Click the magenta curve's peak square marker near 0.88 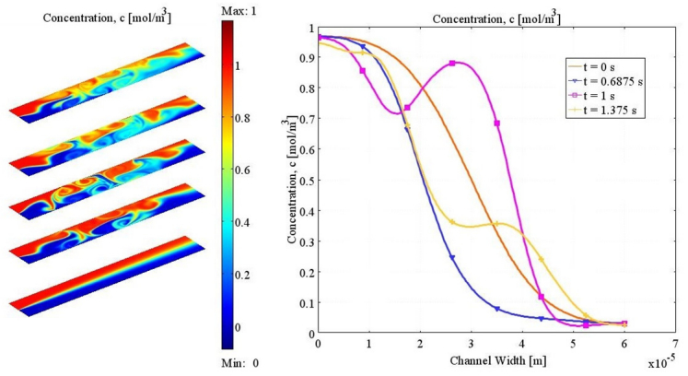click(x=452, y=63)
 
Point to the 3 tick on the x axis click(x=471, y=344)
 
